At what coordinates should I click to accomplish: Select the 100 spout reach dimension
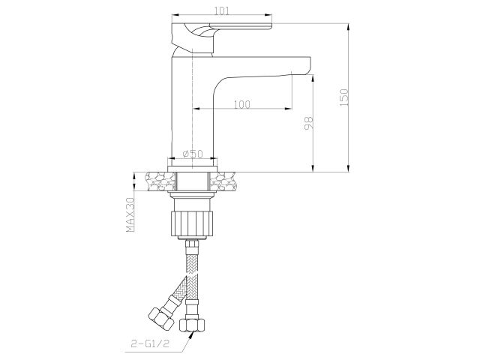(x=241, y=104)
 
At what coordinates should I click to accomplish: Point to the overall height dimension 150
(x=345, y=97)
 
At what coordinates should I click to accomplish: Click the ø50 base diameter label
(x=193, y=154)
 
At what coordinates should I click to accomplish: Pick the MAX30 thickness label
(x=130, y=214)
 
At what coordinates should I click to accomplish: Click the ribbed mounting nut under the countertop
(x=193, y=221)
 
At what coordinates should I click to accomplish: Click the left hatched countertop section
(x=154, y=182)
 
